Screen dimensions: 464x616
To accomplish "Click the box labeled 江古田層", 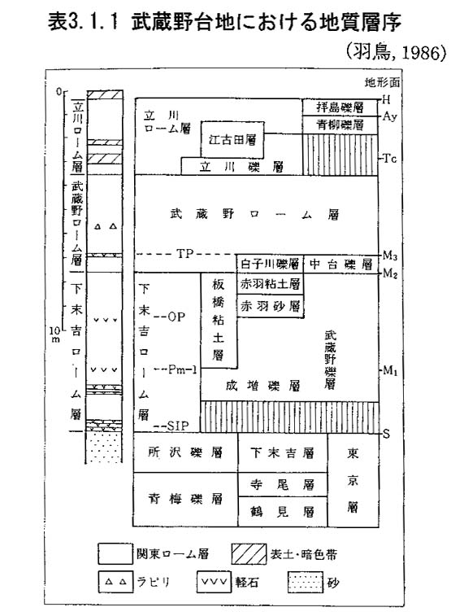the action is click(232, 139).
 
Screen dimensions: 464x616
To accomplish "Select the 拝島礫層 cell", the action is click(340, 107).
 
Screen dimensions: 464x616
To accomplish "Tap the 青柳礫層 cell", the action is click(340, 125).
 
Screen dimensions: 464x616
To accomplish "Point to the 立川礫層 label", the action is click(241, 168).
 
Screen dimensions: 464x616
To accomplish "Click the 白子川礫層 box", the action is click(270, 264).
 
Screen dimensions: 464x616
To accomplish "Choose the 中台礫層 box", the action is click(340, 264).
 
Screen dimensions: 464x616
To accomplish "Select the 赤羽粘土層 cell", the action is click(270, 284).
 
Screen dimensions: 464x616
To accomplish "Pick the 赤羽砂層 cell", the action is click(270, 306).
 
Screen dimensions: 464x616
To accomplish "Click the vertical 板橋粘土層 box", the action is click(219, 320).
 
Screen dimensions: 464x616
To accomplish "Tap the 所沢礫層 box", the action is click(185, 452).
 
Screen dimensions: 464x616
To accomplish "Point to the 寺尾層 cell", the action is click(283, 484).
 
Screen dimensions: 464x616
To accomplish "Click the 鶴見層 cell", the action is click(283, 512).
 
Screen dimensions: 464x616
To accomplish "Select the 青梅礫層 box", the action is click(185, 499).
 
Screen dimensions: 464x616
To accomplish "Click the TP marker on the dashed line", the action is click(185, 254).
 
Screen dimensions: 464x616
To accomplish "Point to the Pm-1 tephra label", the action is click(182, 369).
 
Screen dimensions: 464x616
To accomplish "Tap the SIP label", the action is click(178, 426).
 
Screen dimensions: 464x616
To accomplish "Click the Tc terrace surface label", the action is click(389, 159).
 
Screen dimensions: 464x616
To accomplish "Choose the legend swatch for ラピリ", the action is click(115, 582).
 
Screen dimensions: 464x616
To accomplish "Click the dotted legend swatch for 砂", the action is click(306, 582).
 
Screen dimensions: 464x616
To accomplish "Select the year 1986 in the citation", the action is click(424, 54).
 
